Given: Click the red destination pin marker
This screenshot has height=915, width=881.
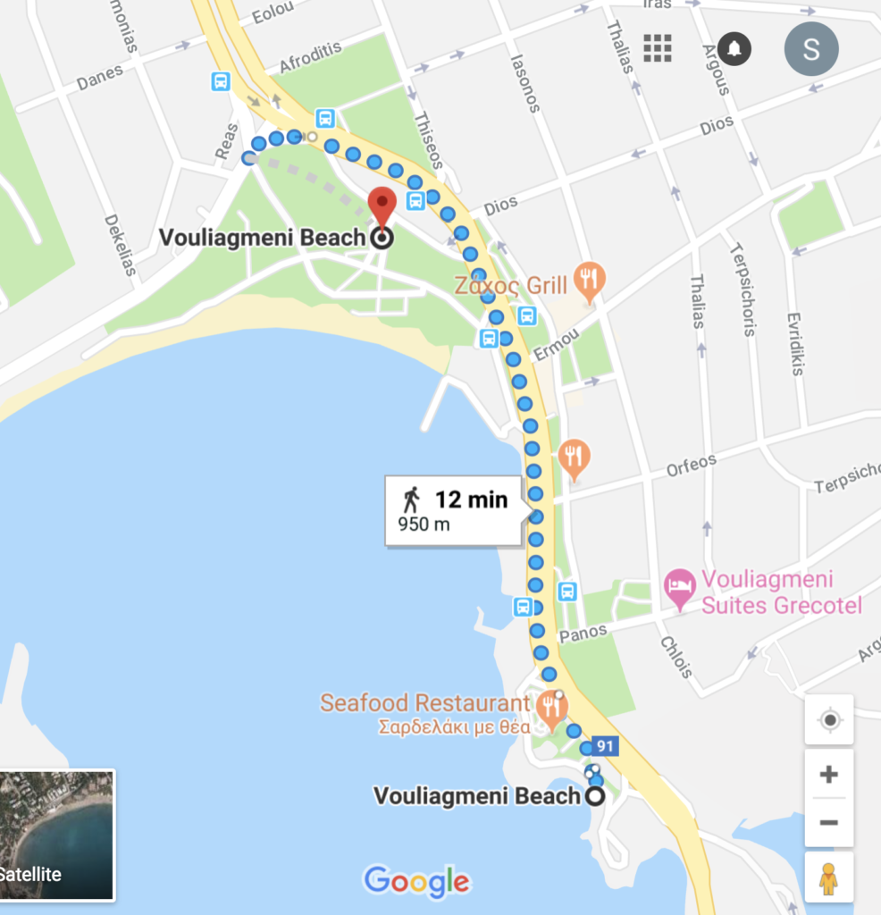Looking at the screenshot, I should [x=382, y=207].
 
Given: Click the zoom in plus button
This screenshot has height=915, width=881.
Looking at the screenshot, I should [x=828, y=774].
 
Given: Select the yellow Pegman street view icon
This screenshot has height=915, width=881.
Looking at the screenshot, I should [x=828, y=877].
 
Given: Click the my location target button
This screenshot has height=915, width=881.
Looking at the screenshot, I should [x=828, y=720].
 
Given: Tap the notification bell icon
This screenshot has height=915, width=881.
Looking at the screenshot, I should [x=734, y=47].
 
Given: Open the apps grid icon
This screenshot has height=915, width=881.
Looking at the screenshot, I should [x=658, y=47].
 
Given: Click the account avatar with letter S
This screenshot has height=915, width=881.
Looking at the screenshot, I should [x=810, y=48].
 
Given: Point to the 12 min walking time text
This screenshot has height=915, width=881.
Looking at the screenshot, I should [x=471, y=499].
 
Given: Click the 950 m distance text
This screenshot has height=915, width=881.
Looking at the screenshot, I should [x=424, y=525].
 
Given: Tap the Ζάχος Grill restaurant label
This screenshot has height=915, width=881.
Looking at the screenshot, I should [x=510, y=285].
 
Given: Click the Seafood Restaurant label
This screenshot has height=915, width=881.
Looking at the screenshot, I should [x=425, y=702].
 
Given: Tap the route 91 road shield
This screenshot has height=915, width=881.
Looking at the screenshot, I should [x=606, y=746].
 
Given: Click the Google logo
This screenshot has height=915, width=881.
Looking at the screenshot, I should [x=416, y=881].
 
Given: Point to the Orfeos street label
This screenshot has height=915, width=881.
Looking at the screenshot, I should [x=691, y=466].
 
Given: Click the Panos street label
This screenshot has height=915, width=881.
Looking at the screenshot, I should [x=583, y=633].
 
